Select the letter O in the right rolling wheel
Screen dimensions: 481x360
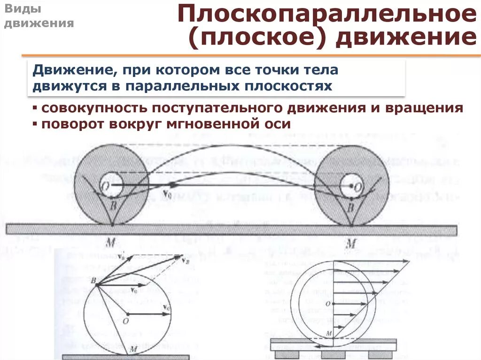click(358, 187)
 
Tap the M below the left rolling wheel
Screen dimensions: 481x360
click(111, 243)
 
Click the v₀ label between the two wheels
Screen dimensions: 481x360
click(166, 192)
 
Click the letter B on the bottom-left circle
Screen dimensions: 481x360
click(93, 280)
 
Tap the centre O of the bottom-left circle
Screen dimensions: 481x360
click(125, 321)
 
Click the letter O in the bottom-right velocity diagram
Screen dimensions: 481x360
click(333, 304)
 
